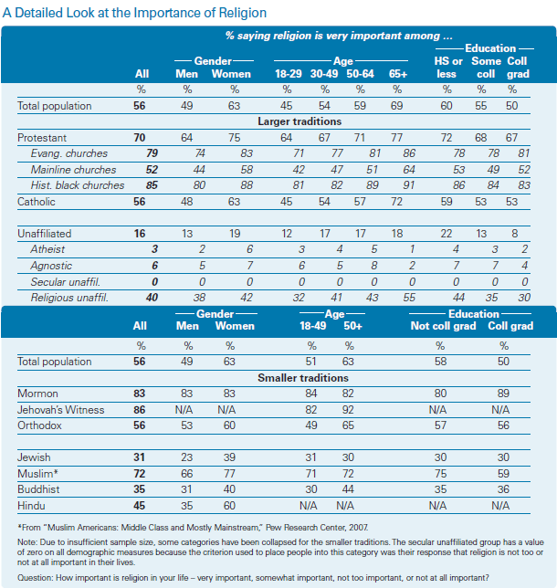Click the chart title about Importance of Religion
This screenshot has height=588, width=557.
coord(134,13)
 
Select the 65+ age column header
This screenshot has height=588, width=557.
coord(397,74)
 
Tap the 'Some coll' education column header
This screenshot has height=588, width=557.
coord(486,68)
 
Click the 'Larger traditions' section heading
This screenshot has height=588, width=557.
coord(300,121)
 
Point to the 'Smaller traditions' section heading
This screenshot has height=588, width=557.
coord(303,378)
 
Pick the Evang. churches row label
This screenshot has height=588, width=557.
coord(69,153)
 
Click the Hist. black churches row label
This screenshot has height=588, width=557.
coord(78,185)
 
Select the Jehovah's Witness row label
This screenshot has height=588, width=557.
coord(61,409)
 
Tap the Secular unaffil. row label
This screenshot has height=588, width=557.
coord(65,281)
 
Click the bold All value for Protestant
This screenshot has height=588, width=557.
coord(140,138)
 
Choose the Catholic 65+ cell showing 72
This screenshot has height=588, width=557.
coord(396,202)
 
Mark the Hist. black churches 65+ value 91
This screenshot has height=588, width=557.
coord(409,185)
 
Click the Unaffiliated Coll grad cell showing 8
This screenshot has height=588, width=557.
coord(515,234)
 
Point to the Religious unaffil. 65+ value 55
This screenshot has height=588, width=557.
coord(409,298)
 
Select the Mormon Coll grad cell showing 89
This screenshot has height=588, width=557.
coord(503,394)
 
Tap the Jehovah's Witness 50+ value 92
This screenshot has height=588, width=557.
coord(348,409)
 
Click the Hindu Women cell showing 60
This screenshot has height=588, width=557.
coord(229,506)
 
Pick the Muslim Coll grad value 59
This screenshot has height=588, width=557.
coord(503,474)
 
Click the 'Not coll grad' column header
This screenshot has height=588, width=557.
coord(444,326)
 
